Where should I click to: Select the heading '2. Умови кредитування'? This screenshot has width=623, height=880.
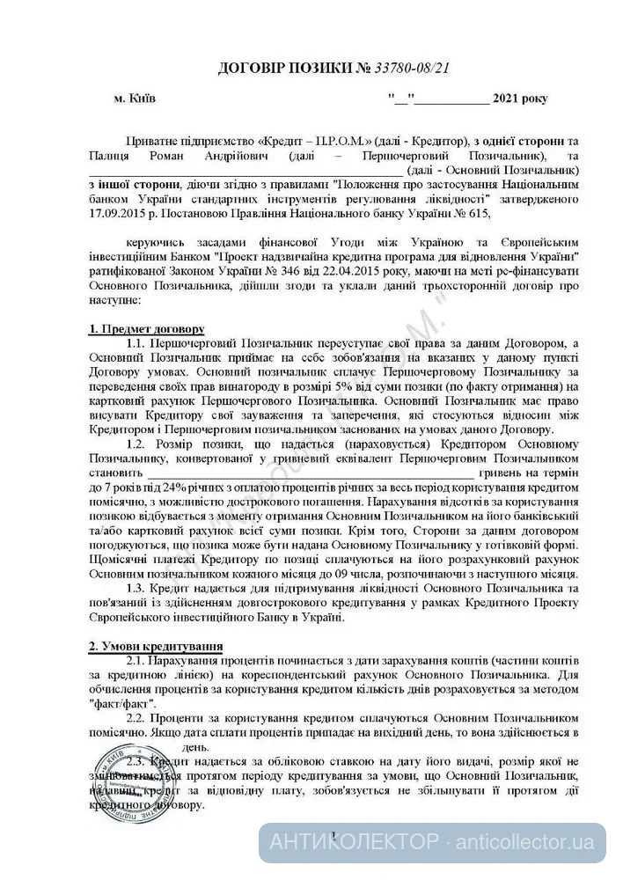point(156,646)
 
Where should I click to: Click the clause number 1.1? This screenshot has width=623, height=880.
point(136,341)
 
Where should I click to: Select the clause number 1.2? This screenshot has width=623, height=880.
point(136,444)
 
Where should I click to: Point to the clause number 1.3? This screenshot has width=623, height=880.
point(136,587)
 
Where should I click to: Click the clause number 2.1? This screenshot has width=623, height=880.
point(136,660)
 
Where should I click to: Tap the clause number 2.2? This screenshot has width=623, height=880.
point(136,717)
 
